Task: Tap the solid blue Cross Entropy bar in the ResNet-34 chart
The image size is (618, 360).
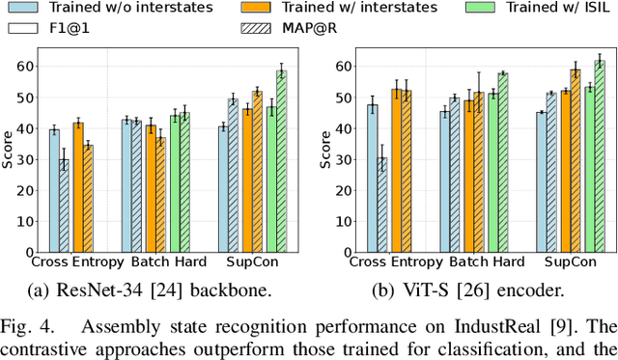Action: [x=54, y=191]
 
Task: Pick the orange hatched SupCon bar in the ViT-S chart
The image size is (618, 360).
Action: [x=576, y=160]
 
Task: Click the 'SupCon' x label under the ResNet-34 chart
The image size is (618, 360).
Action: [x=256, y=262]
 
